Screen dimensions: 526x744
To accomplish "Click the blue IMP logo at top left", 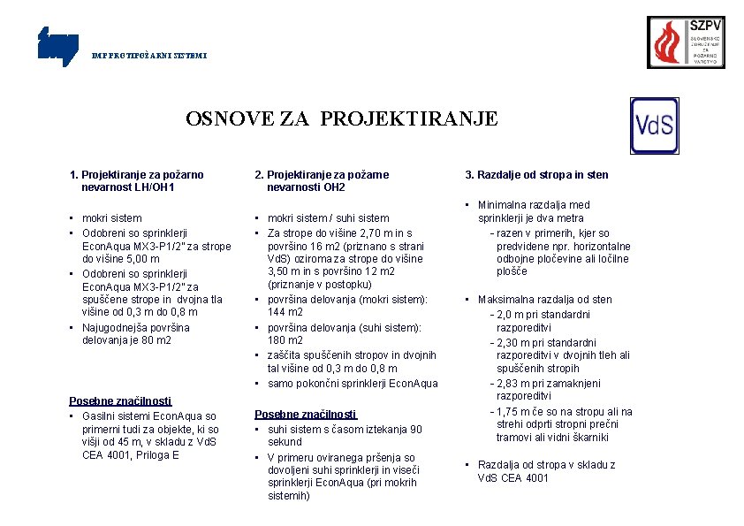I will point(58,47).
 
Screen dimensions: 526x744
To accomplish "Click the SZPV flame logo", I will point(686,42).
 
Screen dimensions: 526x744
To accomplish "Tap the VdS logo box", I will point(654,126).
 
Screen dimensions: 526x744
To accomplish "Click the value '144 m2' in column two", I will point(285,313).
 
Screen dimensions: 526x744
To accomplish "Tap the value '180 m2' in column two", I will point(285,340).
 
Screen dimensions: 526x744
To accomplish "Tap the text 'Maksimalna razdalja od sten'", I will point(545,300).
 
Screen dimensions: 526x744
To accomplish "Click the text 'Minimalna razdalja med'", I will point(534,205).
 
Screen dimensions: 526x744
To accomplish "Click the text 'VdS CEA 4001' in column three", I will point(512,478).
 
